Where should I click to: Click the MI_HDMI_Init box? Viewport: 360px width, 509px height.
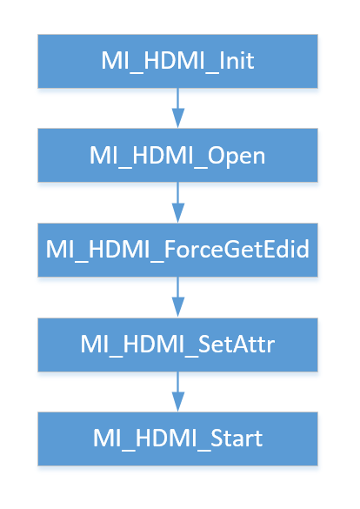click(x=177, y=62)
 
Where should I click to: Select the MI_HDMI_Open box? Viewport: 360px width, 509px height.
click(x=177, y=155)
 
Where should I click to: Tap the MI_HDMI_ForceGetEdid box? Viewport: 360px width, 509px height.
click(x=177, y=250)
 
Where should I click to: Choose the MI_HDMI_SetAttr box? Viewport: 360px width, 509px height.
click(x=177, y=345)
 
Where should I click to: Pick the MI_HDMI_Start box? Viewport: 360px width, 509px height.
click(x=177, y=439)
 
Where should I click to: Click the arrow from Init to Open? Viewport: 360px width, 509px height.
click(x=177, y=109)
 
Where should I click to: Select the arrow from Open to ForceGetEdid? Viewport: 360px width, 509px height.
click(x=177, y=203)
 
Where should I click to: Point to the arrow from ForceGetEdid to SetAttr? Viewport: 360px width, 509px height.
click(x=177, y=298)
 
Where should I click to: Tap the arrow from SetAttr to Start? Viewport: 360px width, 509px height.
click(x=177, y=392)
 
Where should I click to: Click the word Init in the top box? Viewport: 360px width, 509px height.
click(x=237, y=60)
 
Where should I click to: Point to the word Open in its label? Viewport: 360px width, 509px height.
click(x=237, y=157)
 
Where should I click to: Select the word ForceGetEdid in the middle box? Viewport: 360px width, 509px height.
click(x=237, y=249)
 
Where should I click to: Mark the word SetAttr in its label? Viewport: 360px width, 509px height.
click(x=237, y=344)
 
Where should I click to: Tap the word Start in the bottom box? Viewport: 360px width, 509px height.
click(x=237, y=439)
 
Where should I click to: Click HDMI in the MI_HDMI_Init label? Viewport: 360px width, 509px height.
click(x=174, y=60)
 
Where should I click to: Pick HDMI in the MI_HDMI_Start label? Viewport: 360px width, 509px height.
click(x=166, y=439)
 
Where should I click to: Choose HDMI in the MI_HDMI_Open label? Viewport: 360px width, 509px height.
click(x=163, y=155)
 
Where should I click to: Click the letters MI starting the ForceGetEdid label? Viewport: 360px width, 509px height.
click(x=60, y=250)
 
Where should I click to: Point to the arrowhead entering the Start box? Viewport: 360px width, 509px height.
click(x=177, y=402)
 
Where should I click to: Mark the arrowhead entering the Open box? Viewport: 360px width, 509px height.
click(x=177, y=118)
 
